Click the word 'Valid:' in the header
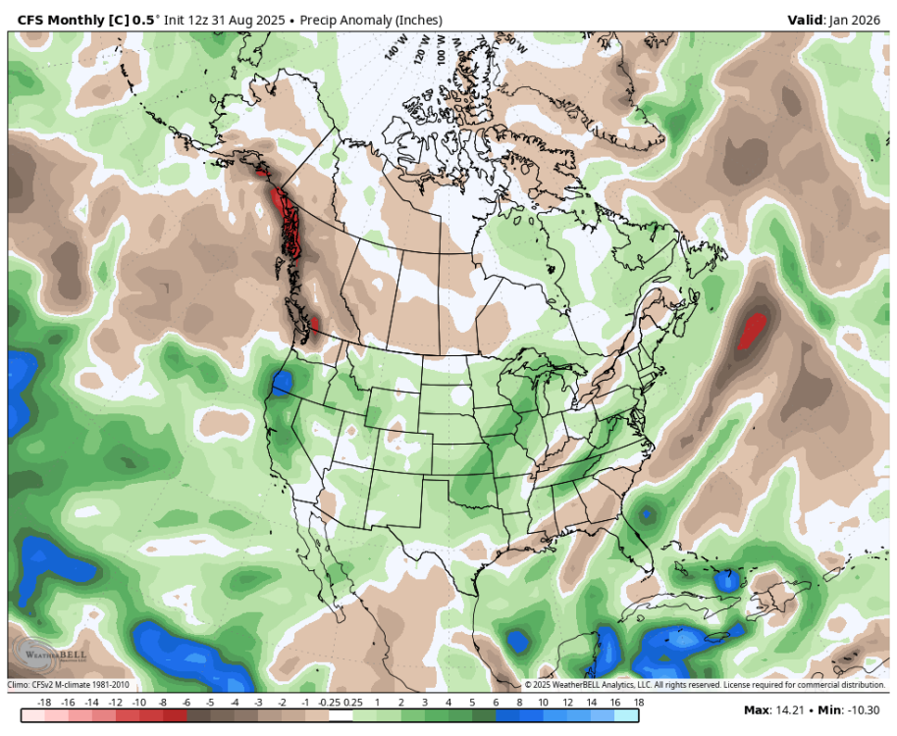coord(808,20)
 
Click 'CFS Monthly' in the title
coord(62,20)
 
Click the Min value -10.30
coord(864,710)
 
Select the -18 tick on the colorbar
coord(43,703)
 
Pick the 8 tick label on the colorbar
coord(519,703)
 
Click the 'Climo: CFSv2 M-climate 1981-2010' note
coord(69,685)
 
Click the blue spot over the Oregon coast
coord(282,381)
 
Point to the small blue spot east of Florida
coord(647,513)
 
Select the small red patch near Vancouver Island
coord(315,324)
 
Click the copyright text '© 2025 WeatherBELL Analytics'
coord(589,685)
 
